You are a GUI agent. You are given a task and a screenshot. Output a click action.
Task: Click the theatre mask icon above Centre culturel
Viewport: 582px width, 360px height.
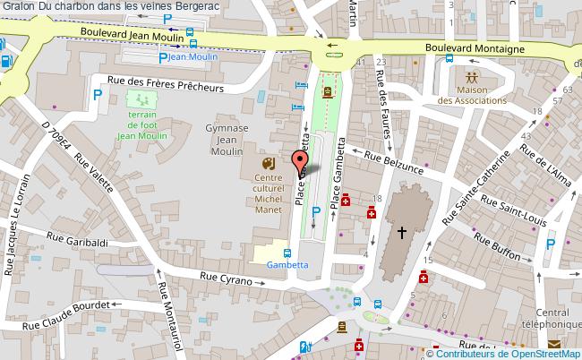[x=267, y=164]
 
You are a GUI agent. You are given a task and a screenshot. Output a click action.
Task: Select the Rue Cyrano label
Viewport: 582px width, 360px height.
[x=223, y=277]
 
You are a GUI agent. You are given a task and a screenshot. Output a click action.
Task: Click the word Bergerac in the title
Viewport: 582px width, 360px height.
[x=201, y=6]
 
